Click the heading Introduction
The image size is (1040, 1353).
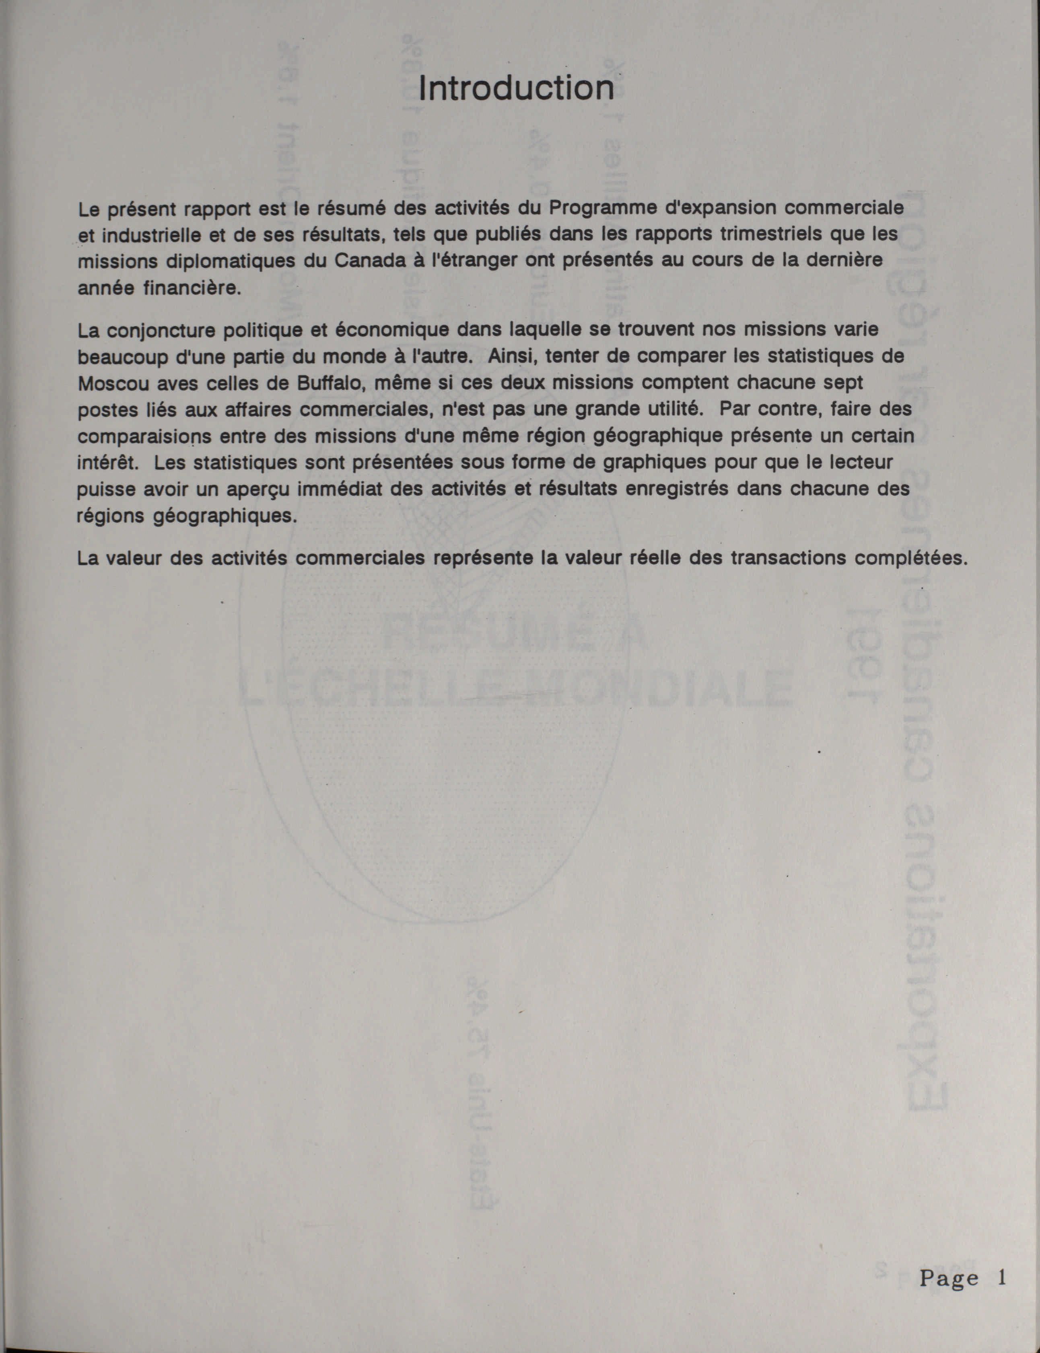pos(516,88)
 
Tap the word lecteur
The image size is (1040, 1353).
pos(854,463)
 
